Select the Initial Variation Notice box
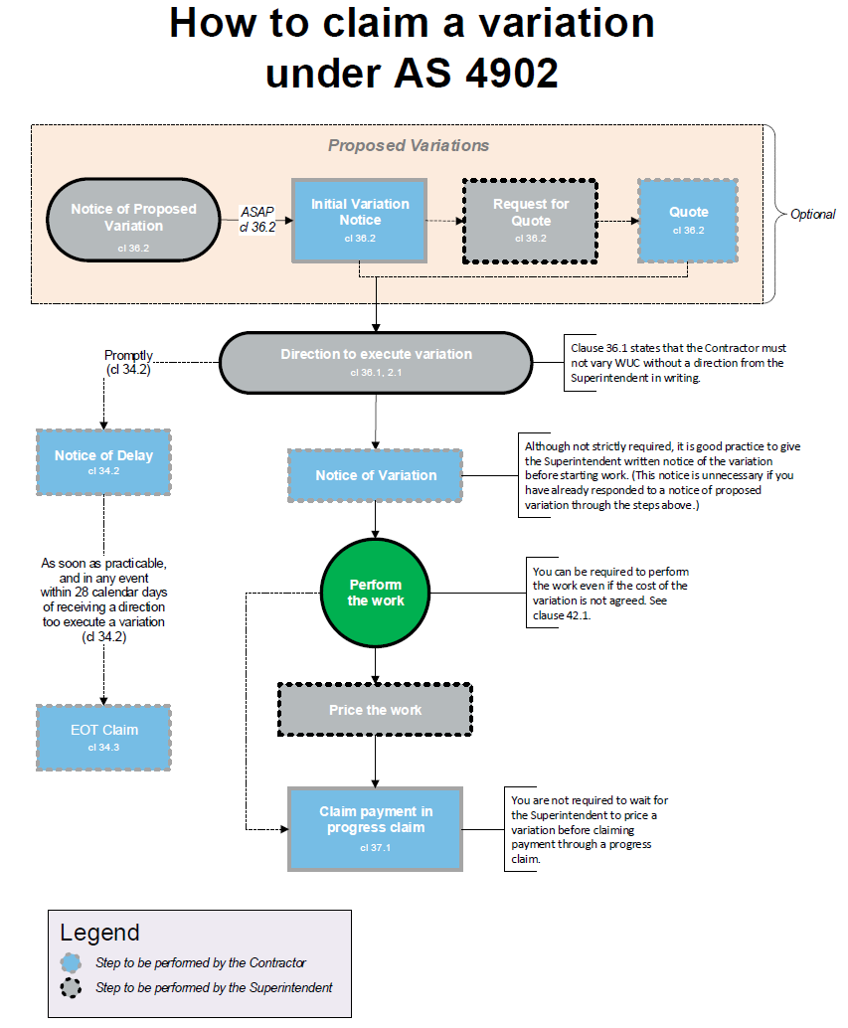coord(359,220)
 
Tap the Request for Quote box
coord(531,220)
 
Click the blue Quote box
coord(688,220)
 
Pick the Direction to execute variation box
coord(375,360)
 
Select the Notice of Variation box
coord(375,475)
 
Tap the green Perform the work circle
coord(375,594)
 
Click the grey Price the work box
coord(375,710)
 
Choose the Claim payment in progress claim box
coord(375,828)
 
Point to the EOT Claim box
coord(103,736)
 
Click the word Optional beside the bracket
coord(812,214)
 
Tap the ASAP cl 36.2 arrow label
coord(257,219)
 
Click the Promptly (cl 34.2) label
coord(128,362)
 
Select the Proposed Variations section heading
coord(409,145)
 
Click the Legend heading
coord(99,933)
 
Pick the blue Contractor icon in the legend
coord(72,962)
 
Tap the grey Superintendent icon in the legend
coord(72,988)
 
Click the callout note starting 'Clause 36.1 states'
coord(679,362)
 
